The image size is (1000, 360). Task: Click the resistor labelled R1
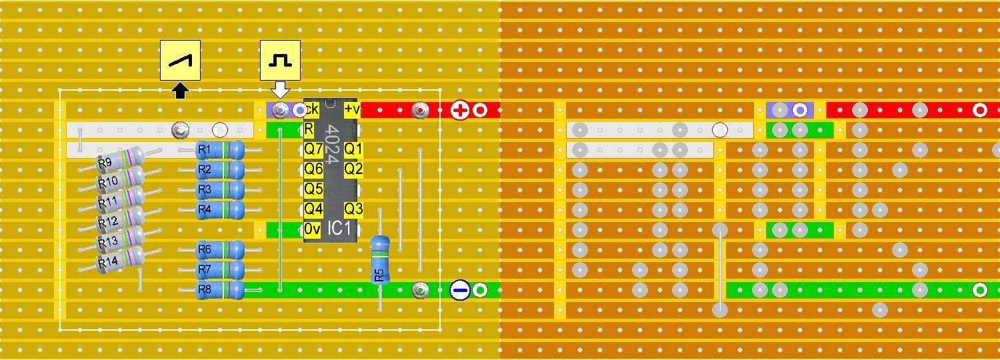tap(219, 150)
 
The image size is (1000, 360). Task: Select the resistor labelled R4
tap(219, 211)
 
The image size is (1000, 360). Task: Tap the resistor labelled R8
tap(219, 290)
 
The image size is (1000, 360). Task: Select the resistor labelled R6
tap(219, 250)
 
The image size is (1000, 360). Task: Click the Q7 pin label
tap(313, 149)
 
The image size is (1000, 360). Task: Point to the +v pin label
tap(351, 109)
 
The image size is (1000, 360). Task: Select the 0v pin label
tap(313, 229)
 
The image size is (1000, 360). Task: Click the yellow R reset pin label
tap(309, 129)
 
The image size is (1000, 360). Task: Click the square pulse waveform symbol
tap(280, 61)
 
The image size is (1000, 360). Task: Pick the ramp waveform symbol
tap(180, 61)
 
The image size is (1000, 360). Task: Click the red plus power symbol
tap(459, 110)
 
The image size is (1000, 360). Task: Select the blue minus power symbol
tap(459, 290)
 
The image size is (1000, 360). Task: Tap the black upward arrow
tap(180, 91)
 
